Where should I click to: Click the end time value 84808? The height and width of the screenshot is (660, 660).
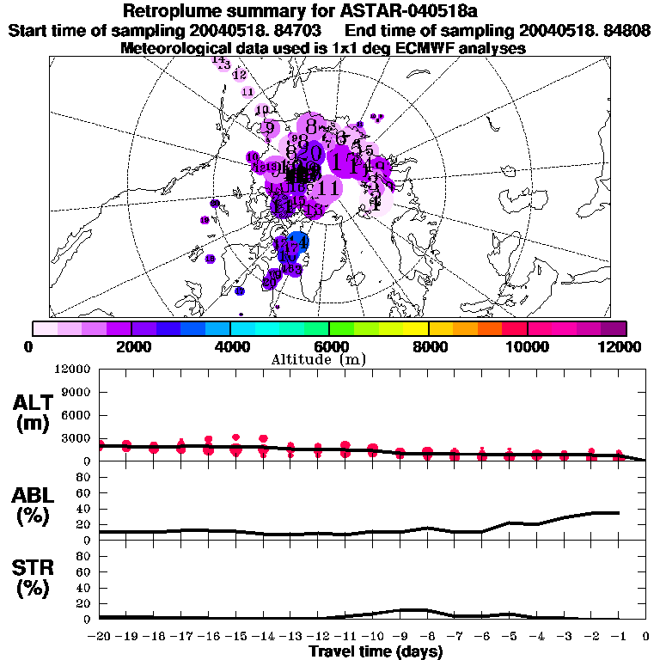626,30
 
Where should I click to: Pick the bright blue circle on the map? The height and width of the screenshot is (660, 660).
297,243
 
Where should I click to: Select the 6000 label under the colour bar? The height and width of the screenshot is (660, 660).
329,346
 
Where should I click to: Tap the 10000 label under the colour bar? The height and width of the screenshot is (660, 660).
527,346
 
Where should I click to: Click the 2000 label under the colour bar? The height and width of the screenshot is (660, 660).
131,346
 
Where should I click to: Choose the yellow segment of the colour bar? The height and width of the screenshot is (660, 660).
416,328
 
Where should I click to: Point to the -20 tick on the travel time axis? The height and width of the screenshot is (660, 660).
100,638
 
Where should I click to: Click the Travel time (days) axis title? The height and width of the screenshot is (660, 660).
376,652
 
